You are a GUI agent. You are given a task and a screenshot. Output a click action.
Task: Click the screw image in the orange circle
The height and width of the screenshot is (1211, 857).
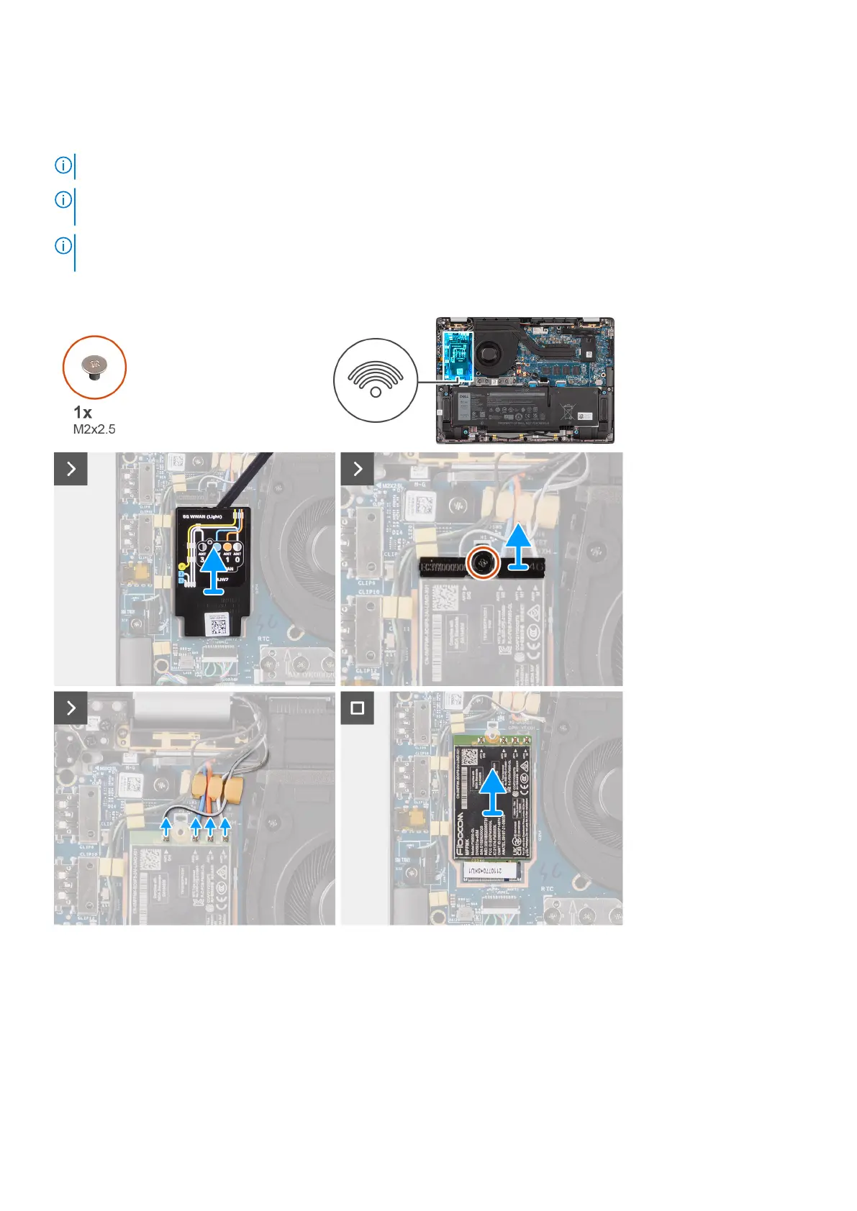coord(94,367)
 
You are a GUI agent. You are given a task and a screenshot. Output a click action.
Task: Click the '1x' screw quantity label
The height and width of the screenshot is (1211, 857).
coord(83,413)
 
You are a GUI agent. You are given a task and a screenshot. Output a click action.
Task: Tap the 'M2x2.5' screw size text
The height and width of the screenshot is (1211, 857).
coord(94,429)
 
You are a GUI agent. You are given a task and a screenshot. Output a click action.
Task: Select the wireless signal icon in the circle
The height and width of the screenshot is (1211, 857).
coord(375,380)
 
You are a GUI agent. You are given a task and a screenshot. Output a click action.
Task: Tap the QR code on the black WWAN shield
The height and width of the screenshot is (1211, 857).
coord(217,624)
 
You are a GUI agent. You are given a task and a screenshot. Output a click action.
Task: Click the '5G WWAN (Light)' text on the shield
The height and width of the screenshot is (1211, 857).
coord(202,516)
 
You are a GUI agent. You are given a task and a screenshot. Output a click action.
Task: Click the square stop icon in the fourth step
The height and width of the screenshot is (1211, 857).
coord(357,708)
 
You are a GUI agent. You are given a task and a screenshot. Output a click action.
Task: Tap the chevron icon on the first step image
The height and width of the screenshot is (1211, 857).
coord(71,469)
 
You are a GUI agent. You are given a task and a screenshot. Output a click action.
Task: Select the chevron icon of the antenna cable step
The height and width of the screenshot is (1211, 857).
coord(71,708)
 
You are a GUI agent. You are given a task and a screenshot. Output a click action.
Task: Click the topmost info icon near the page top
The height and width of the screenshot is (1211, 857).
coord(63,166)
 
